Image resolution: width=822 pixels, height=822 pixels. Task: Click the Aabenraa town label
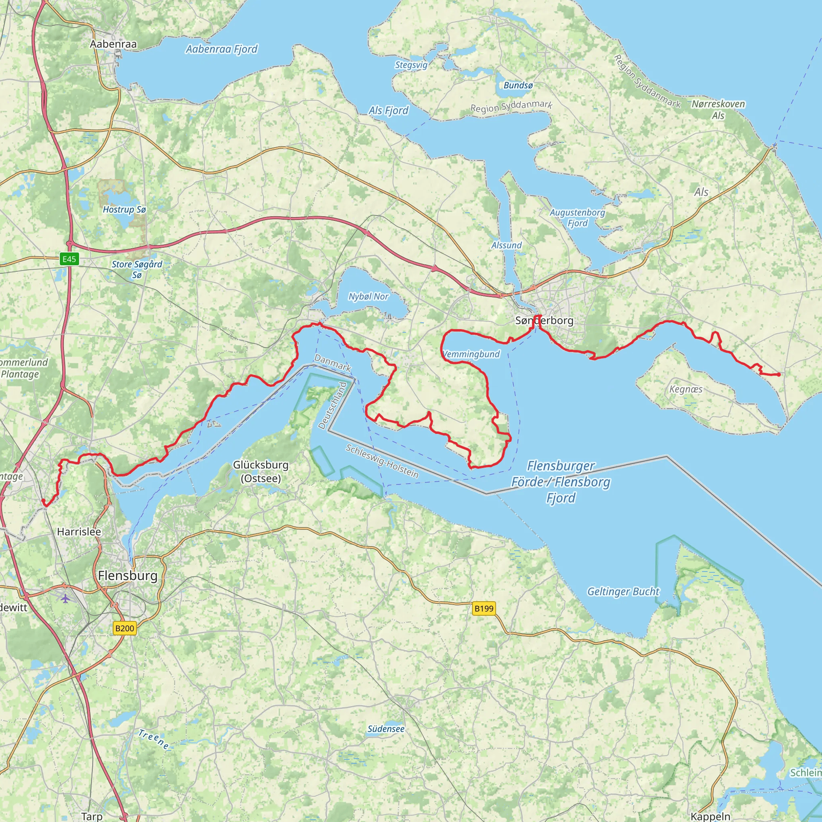click(113, 44)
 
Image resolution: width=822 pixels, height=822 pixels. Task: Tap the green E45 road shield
click(69, 259)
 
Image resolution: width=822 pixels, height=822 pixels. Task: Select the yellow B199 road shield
click(484, 608)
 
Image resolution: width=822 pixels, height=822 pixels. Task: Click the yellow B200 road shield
click(124, 629)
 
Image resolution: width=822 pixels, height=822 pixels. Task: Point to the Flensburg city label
click(128, 576)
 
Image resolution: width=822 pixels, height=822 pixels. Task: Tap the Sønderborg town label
click(544, 320)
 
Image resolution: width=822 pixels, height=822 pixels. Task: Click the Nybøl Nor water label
click(368, 297)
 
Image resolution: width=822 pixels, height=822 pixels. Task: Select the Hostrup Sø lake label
click(124, 210)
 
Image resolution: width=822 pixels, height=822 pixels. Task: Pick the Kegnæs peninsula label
click(686, 389)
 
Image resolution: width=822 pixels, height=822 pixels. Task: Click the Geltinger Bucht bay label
click(623, 591)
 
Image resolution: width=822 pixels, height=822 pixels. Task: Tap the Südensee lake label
click(386, 729)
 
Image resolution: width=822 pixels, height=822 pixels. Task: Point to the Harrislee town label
click(79, 531)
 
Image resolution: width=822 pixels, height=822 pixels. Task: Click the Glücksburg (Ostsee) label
click(261, 472)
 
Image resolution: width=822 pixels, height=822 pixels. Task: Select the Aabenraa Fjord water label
click(222, 49)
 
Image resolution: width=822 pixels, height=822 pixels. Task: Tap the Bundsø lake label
click(518, 85)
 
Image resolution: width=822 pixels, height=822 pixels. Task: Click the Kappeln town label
click(710, 816)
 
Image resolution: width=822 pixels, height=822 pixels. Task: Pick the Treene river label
click(154, 739)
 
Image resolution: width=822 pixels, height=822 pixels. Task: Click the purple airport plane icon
click(65, 598)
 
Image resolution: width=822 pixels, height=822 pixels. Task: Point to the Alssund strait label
click(506, 245)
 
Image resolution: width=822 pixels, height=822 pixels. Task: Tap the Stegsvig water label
click(411, 65)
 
